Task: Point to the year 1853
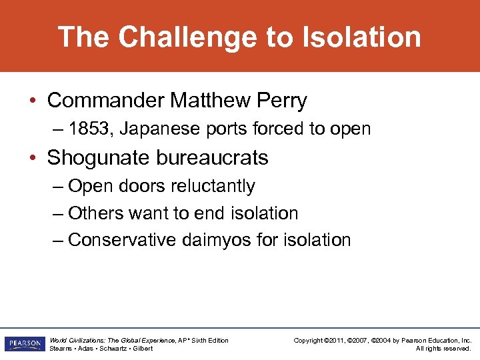91,129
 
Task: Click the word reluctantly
213,186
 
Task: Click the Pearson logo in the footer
23,344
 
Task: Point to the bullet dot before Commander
33,101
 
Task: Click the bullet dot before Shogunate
33,159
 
